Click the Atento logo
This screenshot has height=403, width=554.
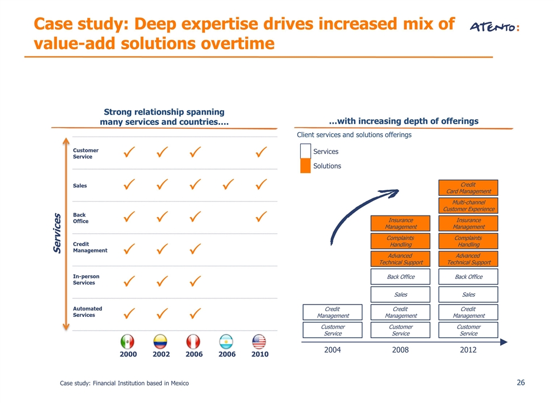(x=494, y=27)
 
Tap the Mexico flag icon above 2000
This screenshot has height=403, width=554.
(x=128, y=341)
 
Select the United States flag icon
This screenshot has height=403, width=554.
(x=259, y=341)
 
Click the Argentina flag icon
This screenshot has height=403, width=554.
(x=226, y=341)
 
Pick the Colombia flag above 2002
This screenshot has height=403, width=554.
(x=160, y=341)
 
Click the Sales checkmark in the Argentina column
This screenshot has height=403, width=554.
(x=228, y=184)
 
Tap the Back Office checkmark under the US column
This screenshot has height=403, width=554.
(x=261, y=216)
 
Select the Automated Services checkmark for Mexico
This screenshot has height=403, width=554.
(x=129, y=313)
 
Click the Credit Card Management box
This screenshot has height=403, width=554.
(x=468, y=188)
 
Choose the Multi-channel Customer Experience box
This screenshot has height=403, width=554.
(x=468, y=205)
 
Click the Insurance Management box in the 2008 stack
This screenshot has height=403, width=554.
(x=401, y=223)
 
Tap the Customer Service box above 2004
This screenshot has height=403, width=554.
(x=333, y=330)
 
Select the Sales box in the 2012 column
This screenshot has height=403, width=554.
(x=468, y=294)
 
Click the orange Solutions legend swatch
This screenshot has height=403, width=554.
(x=305, y=166)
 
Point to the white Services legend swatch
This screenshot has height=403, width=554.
(x=305, y=151)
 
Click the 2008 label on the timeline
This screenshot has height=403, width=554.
(x=401, y=350)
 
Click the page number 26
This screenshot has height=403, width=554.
(x=521, y=382)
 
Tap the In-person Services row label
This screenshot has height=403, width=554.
(x=86, y=279)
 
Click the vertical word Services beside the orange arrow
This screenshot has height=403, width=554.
(x=57, y=233)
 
